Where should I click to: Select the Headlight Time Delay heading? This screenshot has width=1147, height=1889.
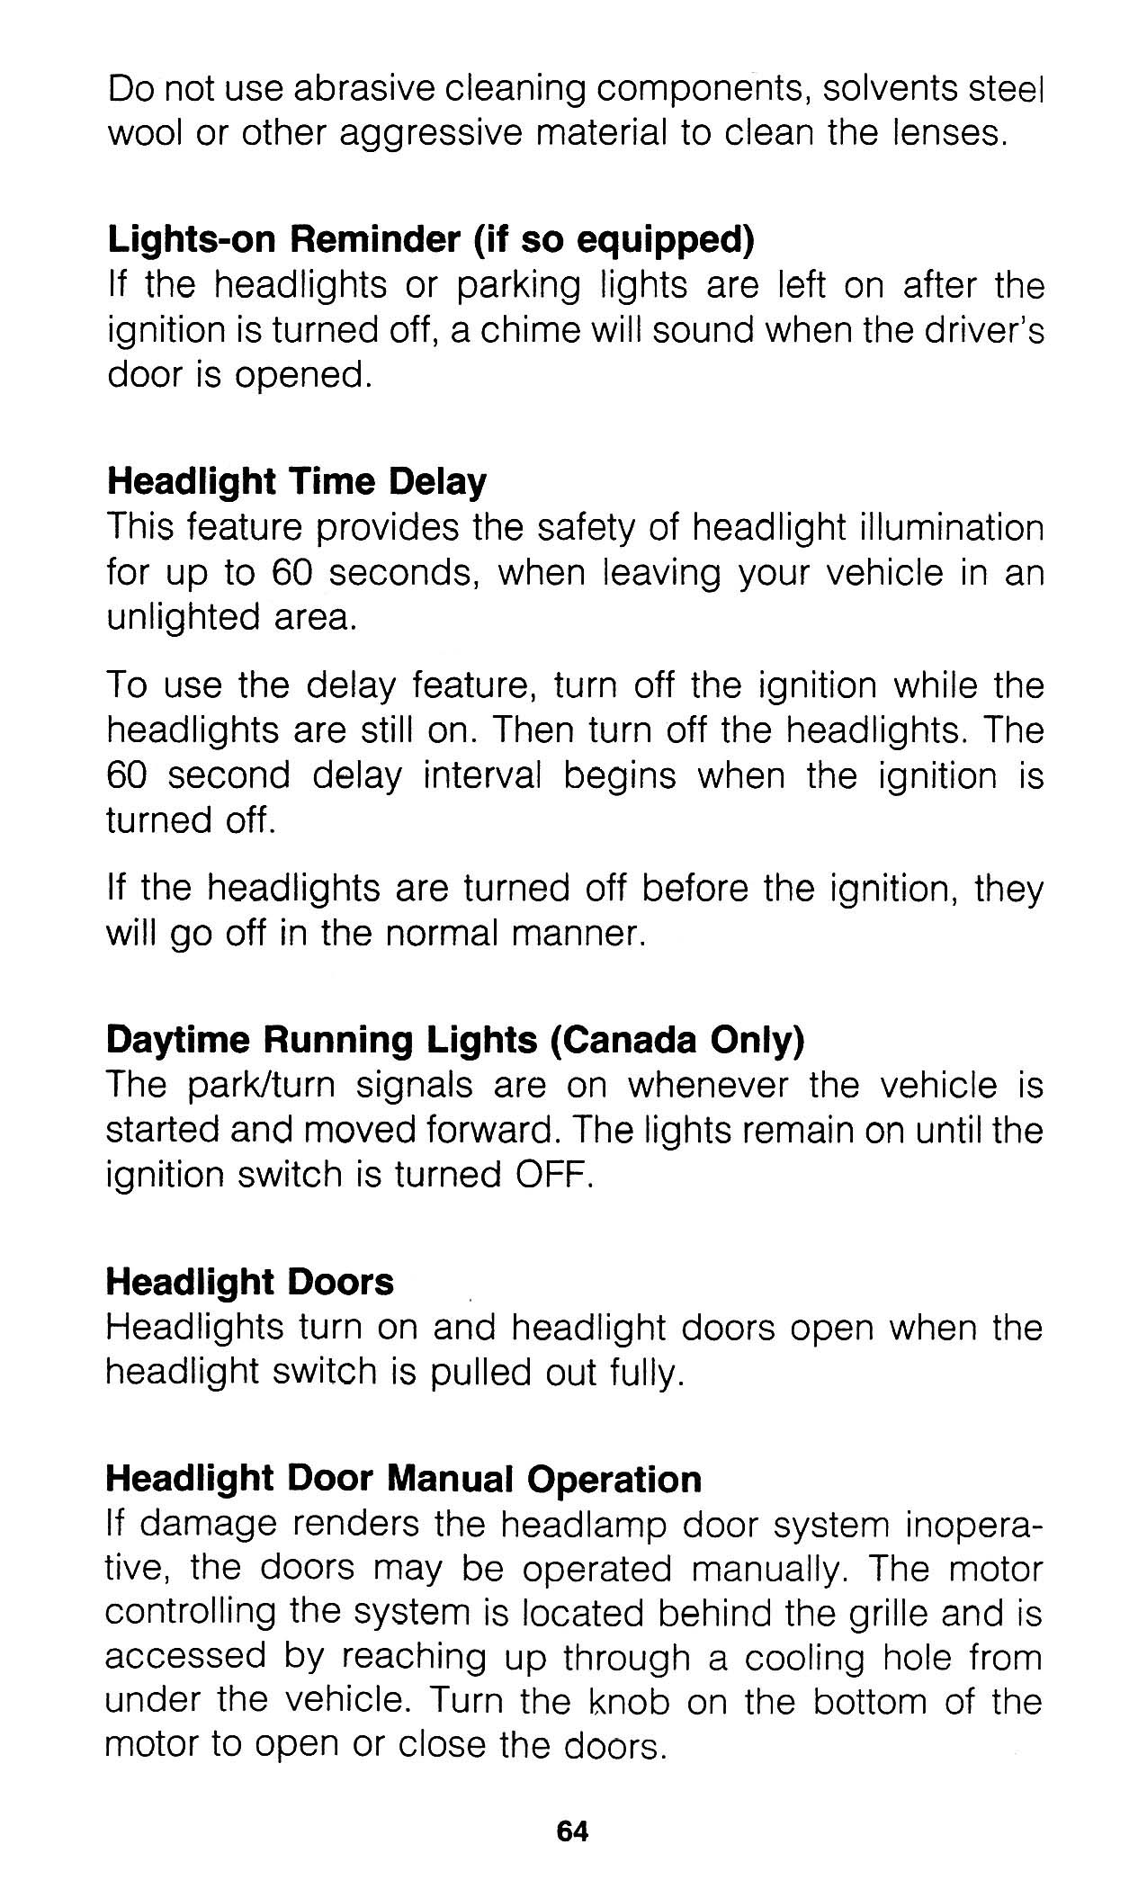296,482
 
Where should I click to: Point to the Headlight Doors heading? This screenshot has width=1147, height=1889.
250,1283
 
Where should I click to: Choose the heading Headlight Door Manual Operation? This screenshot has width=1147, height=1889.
403,1479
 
